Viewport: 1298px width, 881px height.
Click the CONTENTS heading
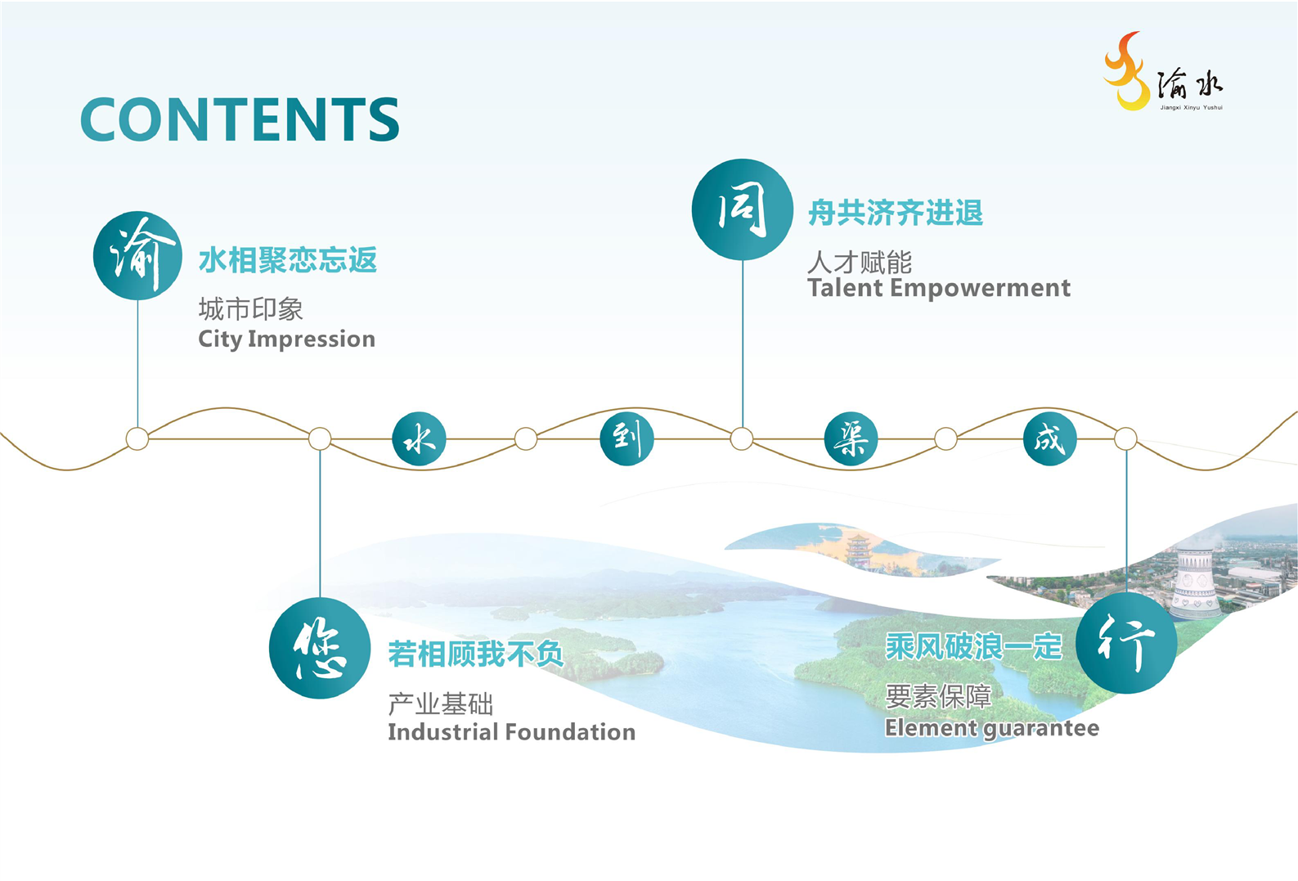pyautogui.click(x=240, y=119)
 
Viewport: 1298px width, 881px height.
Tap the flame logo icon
pyautogui.click(x=1127, y=71)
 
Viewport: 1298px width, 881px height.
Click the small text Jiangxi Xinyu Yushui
pyautogui.click(x=1191, y=107)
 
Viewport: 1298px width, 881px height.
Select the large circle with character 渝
pyautogui.click(x=138, y=255)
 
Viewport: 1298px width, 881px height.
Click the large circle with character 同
pyautogui.click(x=743, y=209)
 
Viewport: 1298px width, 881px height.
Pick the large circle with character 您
pyautogui.click(x=320, y=648)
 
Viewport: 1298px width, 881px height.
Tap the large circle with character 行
pyautogui.click(x=1126, y=643)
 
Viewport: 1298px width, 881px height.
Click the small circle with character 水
pyautogui.click(x=419, y=438)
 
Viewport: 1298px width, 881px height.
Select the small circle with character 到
pyautogui.click(x=627, y=438)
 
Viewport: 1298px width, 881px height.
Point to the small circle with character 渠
pyautogui.click(x=851, y=438)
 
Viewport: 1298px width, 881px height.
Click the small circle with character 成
pyautogui.click(x=1050, y=438)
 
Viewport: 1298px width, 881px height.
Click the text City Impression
pyautogui.click(x=287, y=339)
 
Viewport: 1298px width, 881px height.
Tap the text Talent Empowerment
pyautogui.click(x=939, y=288)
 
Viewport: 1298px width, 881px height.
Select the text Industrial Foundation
pyautogui.click(x=512, y=732)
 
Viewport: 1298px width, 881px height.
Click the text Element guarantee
pyautogui.click(x=992, y=729)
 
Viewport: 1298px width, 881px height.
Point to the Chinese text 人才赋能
pyautogui.click(x=860, y=263)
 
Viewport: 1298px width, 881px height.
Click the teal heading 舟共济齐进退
pyautogui.click(x=896, y=212)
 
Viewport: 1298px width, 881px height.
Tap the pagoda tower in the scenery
pyautogui.click(x=858, y=551)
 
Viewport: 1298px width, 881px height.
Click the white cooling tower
pyautogui.click(x=1196, y=582)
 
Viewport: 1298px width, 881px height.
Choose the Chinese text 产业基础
pyautogui.click(x=440, y=704)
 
